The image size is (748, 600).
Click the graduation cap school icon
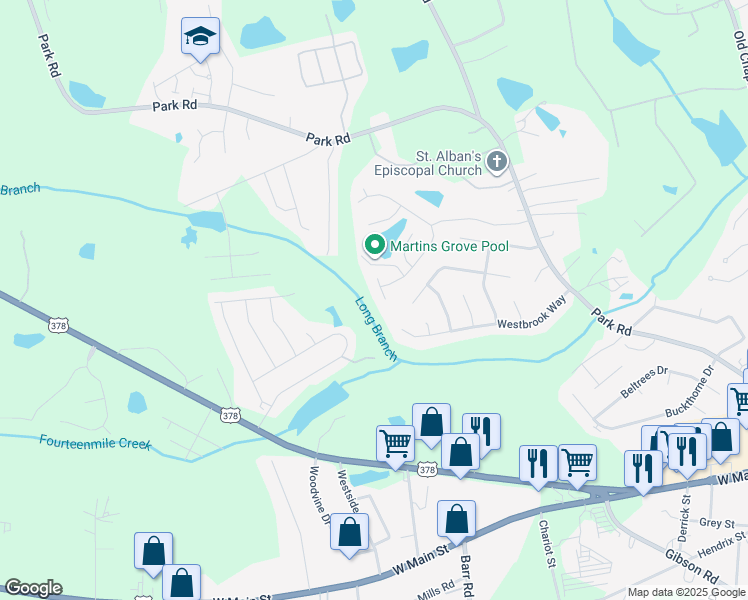(200, 38)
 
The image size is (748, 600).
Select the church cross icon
(497, 161)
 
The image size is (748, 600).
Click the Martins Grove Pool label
(450, 245)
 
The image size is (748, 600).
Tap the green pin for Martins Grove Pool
(375, 244)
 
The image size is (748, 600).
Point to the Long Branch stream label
(376, 328)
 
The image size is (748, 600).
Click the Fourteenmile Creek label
(94, 441)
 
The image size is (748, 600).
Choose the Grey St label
(717, 523)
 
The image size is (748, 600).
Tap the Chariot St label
(547, 541)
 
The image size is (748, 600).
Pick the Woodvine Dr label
(319, 496)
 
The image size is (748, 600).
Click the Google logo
(33, 588)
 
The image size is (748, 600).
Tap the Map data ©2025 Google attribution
(687, 592)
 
